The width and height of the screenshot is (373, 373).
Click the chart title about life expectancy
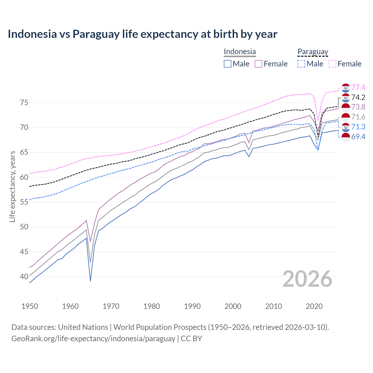(142, 34)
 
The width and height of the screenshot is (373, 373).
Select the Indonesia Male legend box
(228, 64)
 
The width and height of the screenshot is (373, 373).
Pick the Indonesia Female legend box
(258, 64)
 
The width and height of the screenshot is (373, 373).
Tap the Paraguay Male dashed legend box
(301, 64)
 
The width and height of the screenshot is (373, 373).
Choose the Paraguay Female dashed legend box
(332, 64)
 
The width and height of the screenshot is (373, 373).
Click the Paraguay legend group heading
(313, 52)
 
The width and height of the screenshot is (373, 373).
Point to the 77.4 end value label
(358, 87)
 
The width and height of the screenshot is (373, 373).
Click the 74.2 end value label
(358, 97)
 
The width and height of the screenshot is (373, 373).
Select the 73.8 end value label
(358, 107)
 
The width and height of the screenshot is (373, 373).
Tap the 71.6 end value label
(358, 117)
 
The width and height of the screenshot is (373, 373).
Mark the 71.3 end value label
(358, 127)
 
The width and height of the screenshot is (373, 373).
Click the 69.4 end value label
(358, 136)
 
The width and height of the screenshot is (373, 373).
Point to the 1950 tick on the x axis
(30, 306)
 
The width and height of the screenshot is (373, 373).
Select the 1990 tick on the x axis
(192, 306)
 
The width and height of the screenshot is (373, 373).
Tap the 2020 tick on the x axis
(314, 306)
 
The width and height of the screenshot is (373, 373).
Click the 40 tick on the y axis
(24, 276)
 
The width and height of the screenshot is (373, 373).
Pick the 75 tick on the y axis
(24, 103)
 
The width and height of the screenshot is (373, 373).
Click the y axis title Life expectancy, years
(12, 186)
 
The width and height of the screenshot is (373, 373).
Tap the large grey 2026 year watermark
(307, 279)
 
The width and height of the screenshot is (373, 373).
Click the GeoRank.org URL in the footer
(93, 339)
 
